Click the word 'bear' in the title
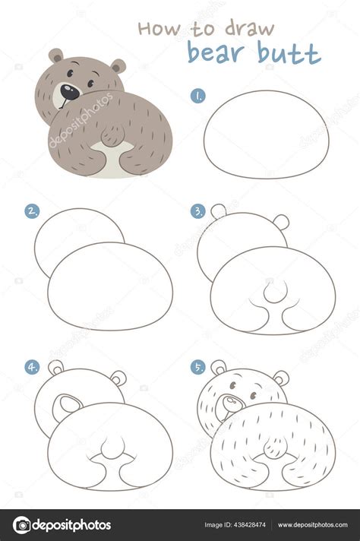coord(216,52)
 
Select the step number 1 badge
coord(197,96)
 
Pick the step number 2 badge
coord(32,211)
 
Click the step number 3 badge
coord(197,211)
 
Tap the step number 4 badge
coord(32,367)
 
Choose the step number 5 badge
coord(197,367)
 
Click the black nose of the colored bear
coord(68,92)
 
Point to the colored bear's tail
coord(112,137)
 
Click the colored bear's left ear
coord(56,55)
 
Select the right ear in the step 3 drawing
coord(281,222)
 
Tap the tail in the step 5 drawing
coord(272,446)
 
